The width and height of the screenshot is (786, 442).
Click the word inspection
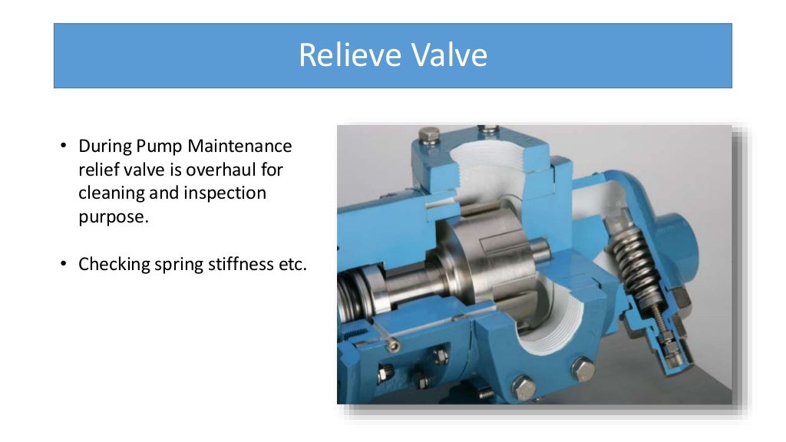(x=225, y=193)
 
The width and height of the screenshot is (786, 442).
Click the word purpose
(x=112, y=216)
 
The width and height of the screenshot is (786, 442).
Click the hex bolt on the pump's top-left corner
(x=428, y=139)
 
